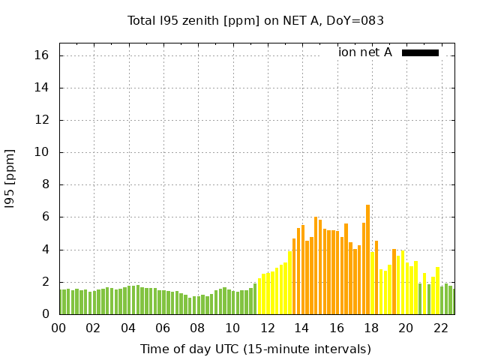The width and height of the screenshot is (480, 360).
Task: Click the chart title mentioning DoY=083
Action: pos(256,20)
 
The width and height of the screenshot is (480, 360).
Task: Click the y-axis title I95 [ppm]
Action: pos(10,178)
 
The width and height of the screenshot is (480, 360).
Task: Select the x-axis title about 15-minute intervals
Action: pos(255,349)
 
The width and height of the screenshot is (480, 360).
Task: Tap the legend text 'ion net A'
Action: pos(365,52)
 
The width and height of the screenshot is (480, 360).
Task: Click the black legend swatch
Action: pos(420,52)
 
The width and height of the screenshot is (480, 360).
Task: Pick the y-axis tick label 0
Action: pos(45,314)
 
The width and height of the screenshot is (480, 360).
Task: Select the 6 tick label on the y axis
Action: pos(45,217)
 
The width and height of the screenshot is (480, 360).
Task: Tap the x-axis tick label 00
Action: pos(58,328)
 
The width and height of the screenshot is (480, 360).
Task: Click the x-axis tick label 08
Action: pos(197,328)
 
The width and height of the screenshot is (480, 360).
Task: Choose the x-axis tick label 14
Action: pos(301,328)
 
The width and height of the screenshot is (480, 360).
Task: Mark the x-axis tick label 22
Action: pos(440,328)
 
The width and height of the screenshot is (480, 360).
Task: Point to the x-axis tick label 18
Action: pos(371,328)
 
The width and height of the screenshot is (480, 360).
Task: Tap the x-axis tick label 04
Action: pos(128,328)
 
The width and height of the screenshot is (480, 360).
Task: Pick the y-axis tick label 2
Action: pos(45,282)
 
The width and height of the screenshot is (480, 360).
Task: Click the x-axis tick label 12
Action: pos(267,328)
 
